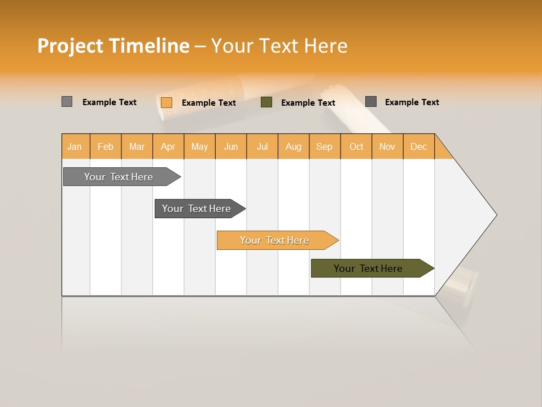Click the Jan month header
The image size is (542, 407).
[x=75, y=146]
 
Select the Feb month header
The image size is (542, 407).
[x=106, y=146]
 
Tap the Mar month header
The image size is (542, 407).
[x=137, y=146]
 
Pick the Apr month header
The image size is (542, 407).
[x=168, y=146]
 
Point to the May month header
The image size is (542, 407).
[x=199, y=146]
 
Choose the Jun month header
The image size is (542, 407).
[x=231, y=146]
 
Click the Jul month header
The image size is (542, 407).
[x=262, y=146]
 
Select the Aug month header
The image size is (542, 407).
[x=294, y=146]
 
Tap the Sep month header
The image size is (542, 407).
[x=325, y=146]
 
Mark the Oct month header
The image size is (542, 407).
[x=356, y=146]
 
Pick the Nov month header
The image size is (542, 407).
[x=387, y=146]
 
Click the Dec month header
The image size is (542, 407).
[x=419, y=146]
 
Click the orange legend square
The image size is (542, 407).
[x=167, y=102]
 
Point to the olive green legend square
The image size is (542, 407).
[x=266, y=102]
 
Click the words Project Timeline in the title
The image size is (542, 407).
[x=113, y=46]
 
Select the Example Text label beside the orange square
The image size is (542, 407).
[x=209, y=103]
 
